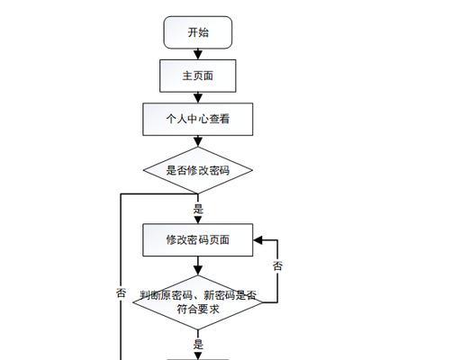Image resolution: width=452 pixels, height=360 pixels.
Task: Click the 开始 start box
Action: pyautogui.click(x=198, y=32)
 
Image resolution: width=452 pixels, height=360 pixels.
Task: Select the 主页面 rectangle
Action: pyautogui.click(x=198, y=76)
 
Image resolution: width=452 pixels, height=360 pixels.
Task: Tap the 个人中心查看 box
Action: pyautogui.click(x=198, y=119)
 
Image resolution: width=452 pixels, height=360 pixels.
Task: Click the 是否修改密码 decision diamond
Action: pyautogui.click(x=198, y=170)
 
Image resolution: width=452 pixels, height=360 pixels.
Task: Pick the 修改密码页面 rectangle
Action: pyautogui.click(x=198, y=240)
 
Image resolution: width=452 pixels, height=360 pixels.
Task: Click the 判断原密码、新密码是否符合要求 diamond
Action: pyautogui.click(x=198, y=302)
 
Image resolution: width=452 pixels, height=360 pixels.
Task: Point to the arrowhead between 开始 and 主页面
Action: pyautogui.click(x=198, y=55)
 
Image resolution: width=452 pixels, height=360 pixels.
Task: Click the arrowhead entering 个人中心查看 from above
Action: pyautogui.click(x=198, y=98)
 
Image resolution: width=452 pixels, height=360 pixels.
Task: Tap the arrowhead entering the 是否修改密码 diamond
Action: pyautogui.click(x=198, y=142)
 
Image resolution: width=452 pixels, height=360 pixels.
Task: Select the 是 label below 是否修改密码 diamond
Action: pyautogui.click(x=198, y=209)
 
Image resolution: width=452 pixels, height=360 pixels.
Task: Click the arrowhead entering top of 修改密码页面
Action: pyautogui.click(x=198, y=220)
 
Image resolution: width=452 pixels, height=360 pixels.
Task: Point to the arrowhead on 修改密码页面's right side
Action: pyautogui.click(x=258, y=240)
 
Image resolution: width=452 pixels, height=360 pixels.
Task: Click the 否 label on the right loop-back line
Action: pyautogui.click(x=277, y=265)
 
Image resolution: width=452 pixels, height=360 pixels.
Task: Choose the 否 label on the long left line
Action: pyautogui.click(x=121, y=292)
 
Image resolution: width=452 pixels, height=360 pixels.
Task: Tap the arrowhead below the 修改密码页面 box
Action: pyautogui.click(x=198, y=271)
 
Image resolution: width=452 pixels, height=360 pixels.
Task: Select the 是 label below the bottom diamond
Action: pyautogui.click(x=198, y=344)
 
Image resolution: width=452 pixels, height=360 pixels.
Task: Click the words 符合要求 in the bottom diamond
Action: pyautogui.click(x=198, y=309)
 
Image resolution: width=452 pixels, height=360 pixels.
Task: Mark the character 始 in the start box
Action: pyautogui.click(x=203, y=32)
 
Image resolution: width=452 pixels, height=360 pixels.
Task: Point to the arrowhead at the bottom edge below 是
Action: pyautogui.click(x=198, y=356)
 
